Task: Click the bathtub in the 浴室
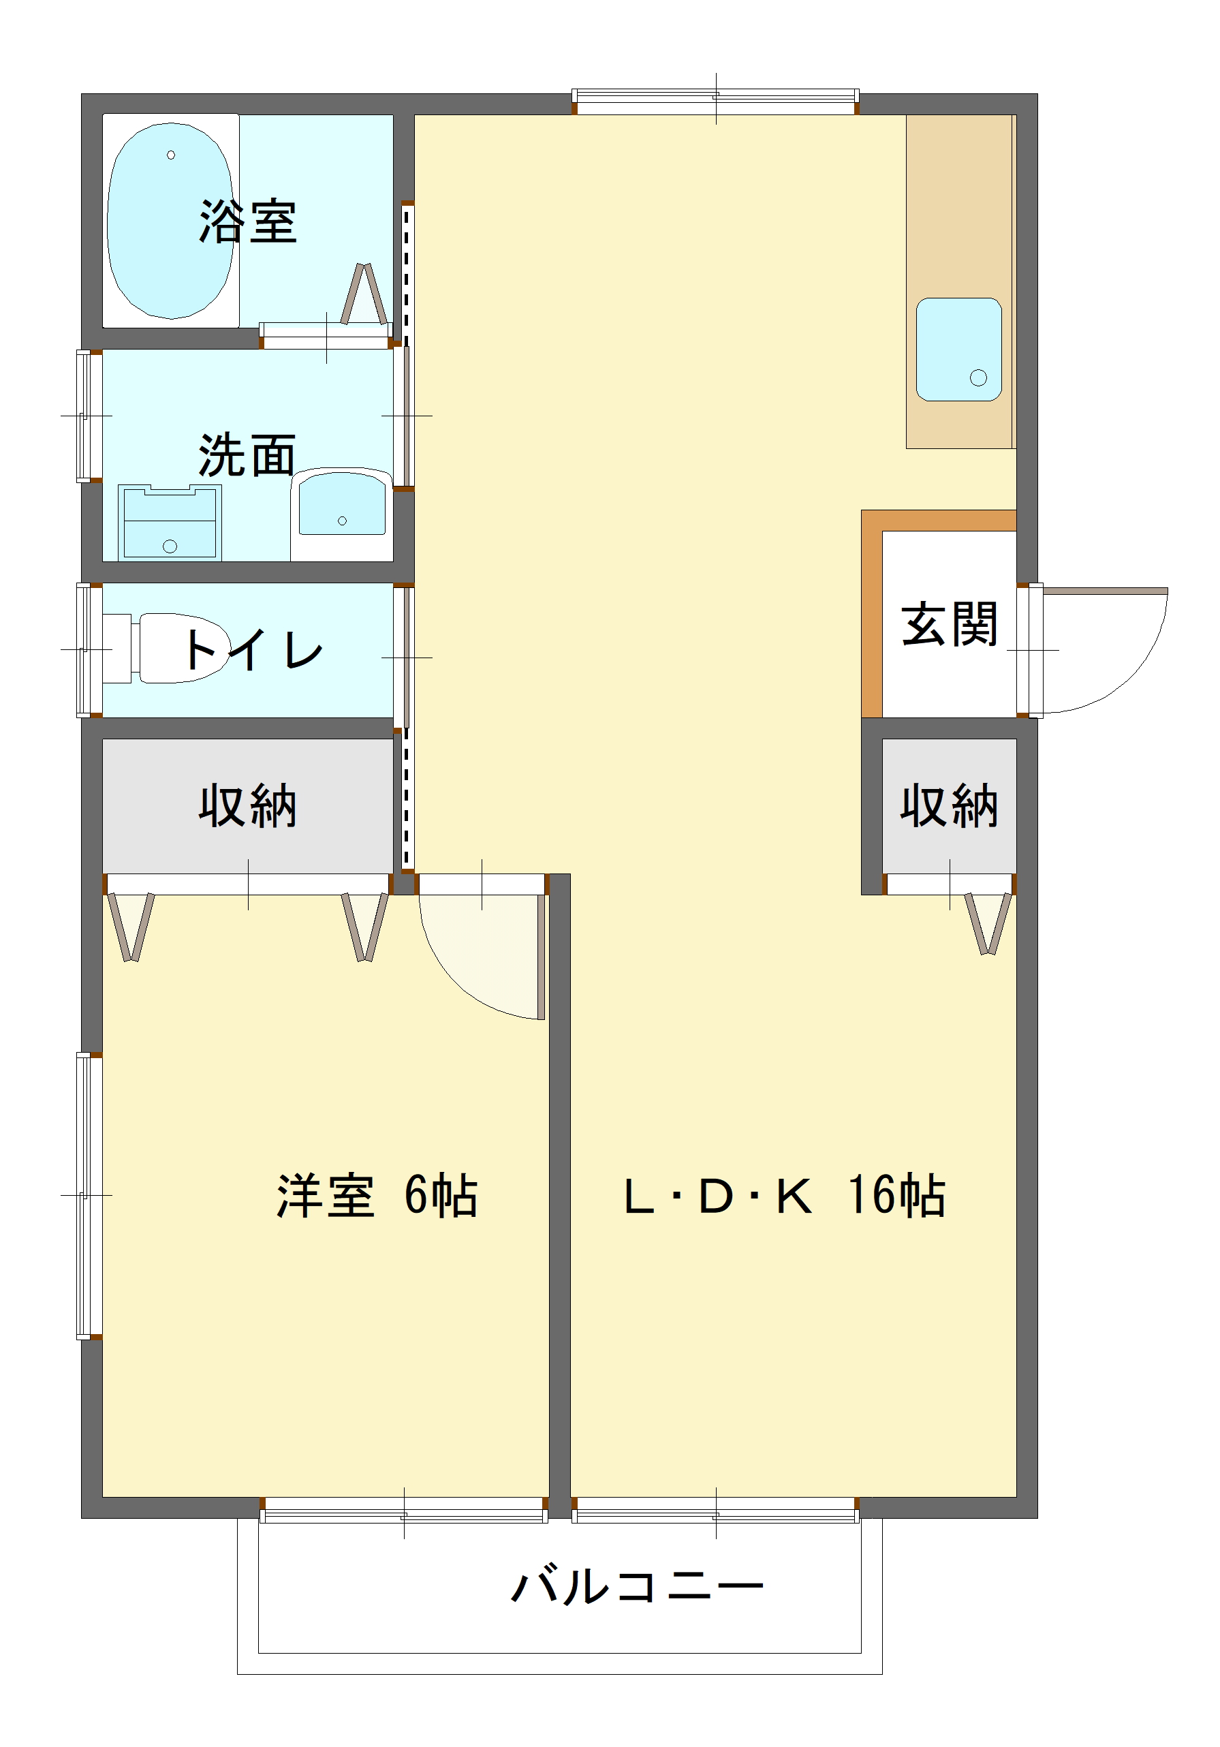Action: [170, 221]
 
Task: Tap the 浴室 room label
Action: [247, 221]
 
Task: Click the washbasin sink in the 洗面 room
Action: [341, 504]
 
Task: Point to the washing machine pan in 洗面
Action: [170, 523]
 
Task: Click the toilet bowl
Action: [183, 647]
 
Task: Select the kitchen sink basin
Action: [958, 350]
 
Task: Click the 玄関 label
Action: [948, 624]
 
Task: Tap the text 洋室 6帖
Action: [377, 1195]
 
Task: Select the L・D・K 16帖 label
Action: [783, 1195]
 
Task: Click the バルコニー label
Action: [637, 1586]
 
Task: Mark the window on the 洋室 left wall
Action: [89, 1195]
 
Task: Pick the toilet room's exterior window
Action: [89, 650]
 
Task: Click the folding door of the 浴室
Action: [364, 295]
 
